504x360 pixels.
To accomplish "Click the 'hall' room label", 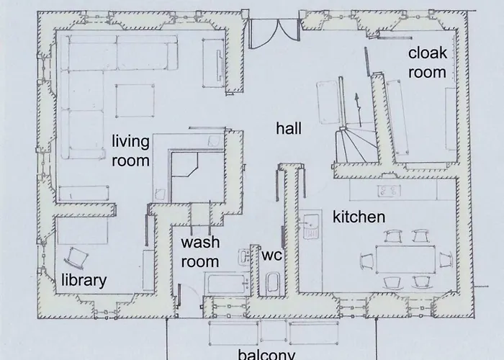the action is click(289, 128).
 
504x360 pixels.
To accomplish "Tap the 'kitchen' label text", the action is click(359, 217).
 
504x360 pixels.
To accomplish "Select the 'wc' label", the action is click(271, 255).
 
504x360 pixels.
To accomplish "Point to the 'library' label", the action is click(84, 279).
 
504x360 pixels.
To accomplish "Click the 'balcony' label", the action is click(266, 354).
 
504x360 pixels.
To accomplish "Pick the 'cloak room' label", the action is click(428, 63).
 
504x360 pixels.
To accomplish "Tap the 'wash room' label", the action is click(200, 252).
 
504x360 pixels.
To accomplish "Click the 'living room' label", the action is click(130, 150).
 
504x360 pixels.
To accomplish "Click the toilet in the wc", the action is click(273, 283).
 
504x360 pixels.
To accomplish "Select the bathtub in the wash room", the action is click(227, 284).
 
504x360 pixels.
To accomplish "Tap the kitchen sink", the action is click(311, 225).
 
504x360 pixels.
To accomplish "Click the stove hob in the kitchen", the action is click(389, 191).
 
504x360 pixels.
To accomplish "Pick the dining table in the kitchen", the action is click(405, 259).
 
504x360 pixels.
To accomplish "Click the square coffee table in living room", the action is click(135, 101).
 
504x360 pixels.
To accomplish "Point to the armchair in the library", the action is click(76, 258).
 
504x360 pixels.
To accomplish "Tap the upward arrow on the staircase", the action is click(358, 109).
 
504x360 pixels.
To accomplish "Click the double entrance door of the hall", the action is click(275, 33).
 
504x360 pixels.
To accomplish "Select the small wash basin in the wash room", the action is click(244, 257).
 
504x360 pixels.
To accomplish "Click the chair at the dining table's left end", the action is click(367, 261).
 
